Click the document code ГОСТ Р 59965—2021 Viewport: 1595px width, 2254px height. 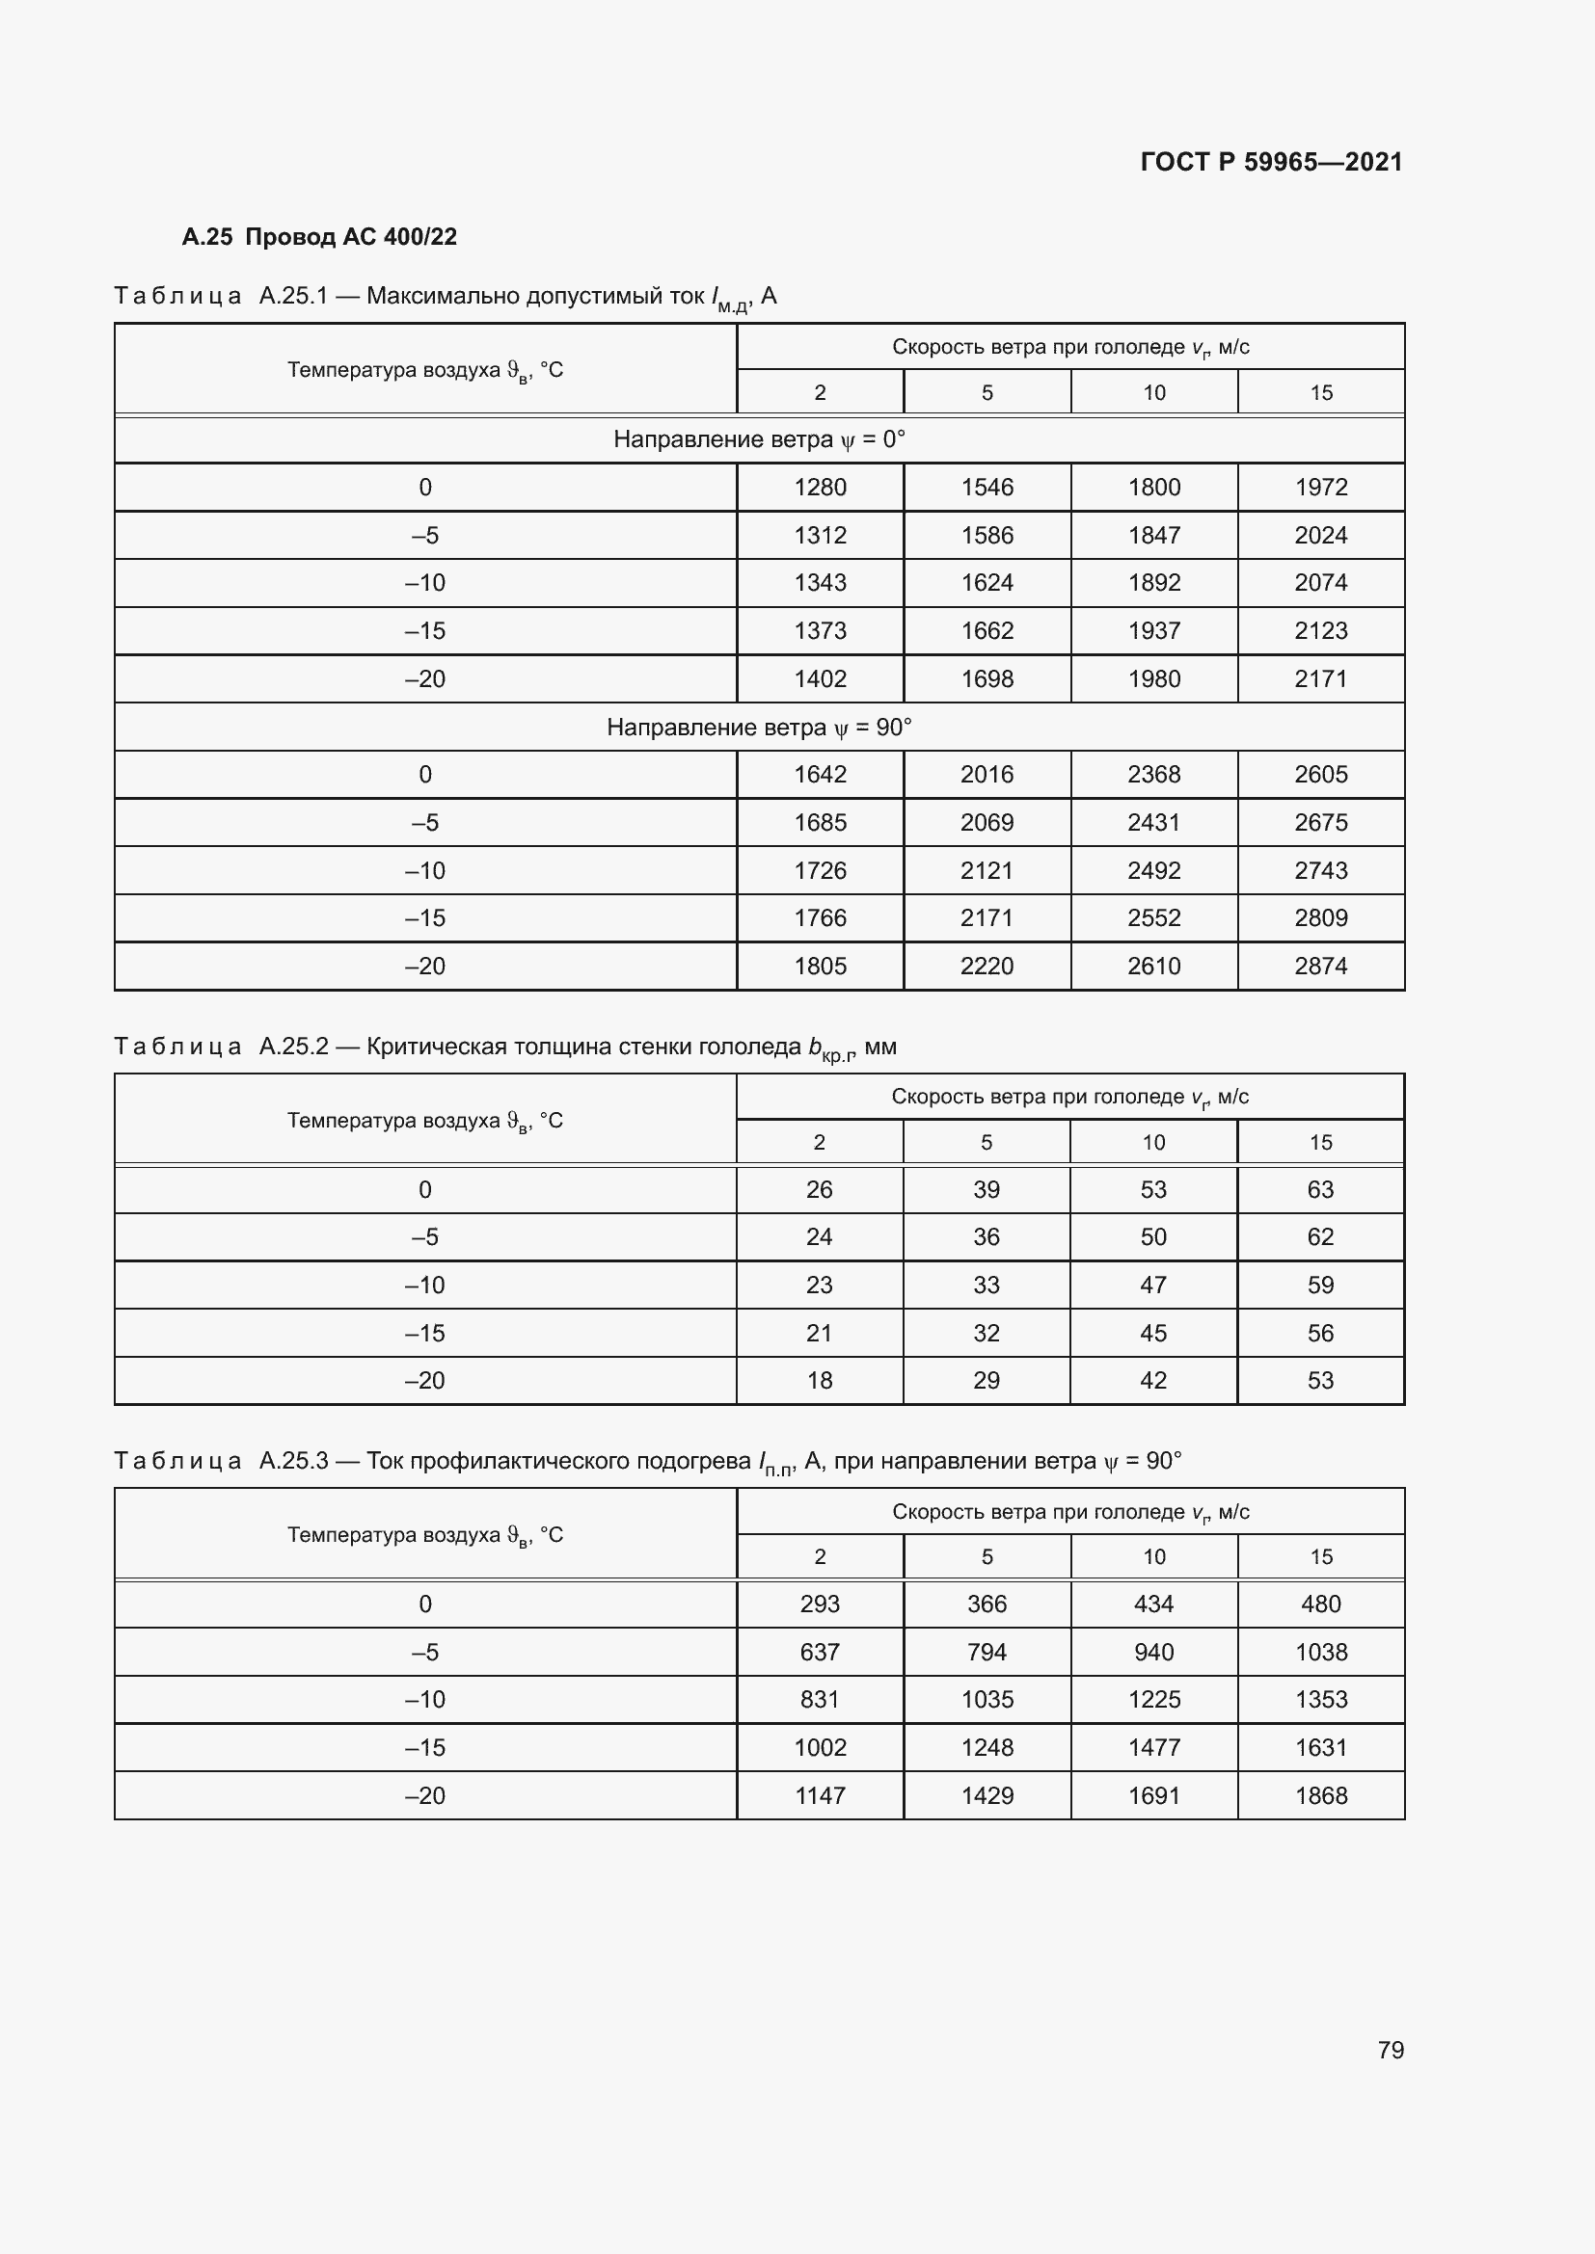point(1271,162)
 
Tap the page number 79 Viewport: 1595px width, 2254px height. point(1391,2050)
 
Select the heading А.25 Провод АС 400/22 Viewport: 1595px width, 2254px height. point(319,237)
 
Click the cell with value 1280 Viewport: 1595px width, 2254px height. point(820,487)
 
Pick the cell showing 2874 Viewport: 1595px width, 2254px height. point(1320,966)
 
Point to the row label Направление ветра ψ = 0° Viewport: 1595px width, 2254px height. point(758,438)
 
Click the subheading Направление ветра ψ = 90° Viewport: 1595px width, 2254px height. point(758,728)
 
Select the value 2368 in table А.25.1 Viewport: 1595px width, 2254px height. point(1153,775)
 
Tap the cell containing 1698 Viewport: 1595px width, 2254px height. point(987,678)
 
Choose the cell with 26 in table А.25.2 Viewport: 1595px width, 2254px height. point(819,1190)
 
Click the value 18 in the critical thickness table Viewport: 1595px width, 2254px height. point(819,1380)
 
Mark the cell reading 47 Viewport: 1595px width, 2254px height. point(1153,1286)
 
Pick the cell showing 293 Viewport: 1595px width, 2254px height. point(819,1604)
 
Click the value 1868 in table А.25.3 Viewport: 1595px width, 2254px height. point(1320,1795)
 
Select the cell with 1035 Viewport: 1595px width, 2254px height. point(987,1699)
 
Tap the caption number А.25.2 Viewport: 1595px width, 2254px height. point(294,1047)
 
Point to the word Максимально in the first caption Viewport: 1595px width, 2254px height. point(444,296)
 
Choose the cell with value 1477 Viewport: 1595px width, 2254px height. point(1153,1747)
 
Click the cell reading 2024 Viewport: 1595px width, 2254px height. point(1320,535)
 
